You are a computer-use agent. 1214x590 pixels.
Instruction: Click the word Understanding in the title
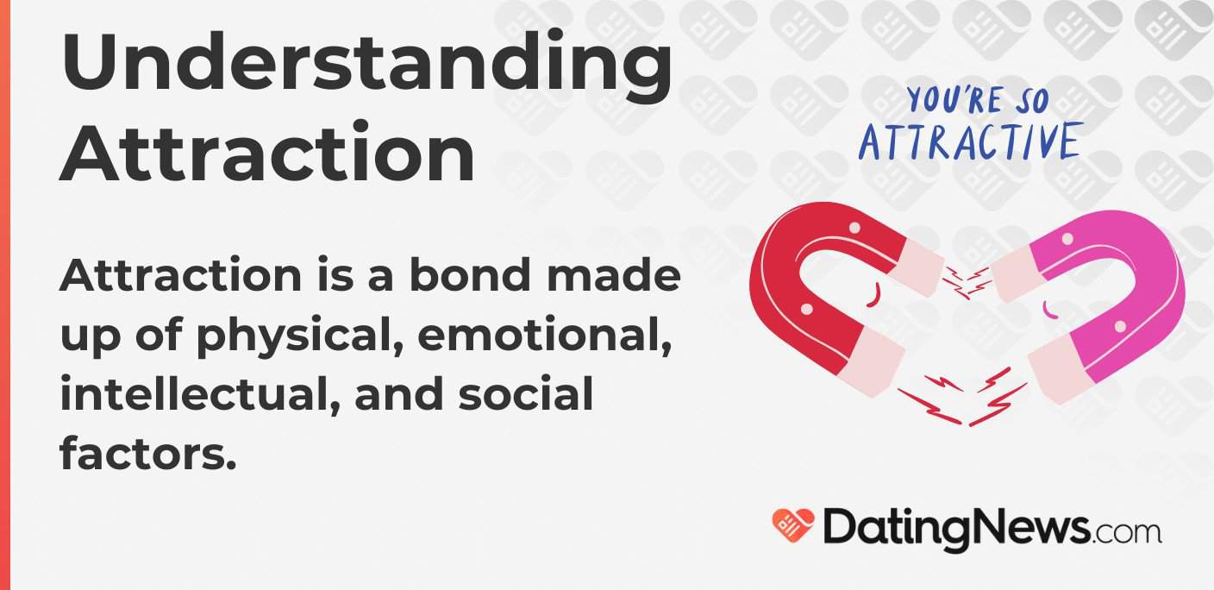[x=366, y=65]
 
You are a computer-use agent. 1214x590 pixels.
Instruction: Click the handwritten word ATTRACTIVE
[x=970, y=142]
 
